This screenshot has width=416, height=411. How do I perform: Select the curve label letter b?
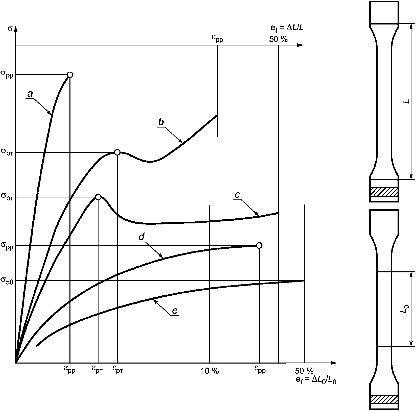(161, 122)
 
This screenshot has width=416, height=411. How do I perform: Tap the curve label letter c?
(237, 195)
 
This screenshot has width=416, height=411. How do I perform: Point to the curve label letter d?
(141, 237)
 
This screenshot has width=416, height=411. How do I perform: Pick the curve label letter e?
(175, 311)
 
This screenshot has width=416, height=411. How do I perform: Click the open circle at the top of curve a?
(70, 75)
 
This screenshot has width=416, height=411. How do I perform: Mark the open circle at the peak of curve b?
(117, 152)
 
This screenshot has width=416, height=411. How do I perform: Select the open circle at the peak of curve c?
(98, 197)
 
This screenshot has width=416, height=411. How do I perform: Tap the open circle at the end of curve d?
(259, 245)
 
